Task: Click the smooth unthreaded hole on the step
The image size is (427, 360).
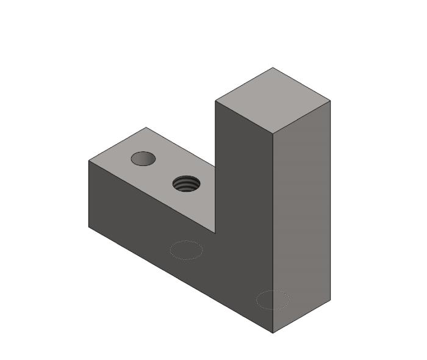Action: [x=143, y=159]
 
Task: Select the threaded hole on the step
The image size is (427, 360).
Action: [x=186, y=183]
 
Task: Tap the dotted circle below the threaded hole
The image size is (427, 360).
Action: [x=186, y=250]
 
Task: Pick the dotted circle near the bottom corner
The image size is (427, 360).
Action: [x=273, y=300]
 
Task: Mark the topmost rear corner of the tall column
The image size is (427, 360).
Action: [x=273, y=68]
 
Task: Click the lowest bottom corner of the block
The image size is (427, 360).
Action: [x=273, y=333]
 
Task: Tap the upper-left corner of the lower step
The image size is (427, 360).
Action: [x=89, y=160]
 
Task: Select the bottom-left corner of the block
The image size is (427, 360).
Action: [x=89, y=227]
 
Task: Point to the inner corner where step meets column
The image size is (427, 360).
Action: [x=215, y=232]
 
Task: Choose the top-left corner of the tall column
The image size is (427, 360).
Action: [x=215, y=101]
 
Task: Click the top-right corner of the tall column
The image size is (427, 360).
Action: [x=330, y=101]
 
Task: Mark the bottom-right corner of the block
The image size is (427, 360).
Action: [x=330, y=300]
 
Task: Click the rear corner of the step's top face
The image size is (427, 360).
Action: [x=146, y=128]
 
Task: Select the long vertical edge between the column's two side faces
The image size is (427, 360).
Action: [x=273, y=232]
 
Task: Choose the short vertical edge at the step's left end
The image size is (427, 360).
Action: [x=89, y=194]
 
